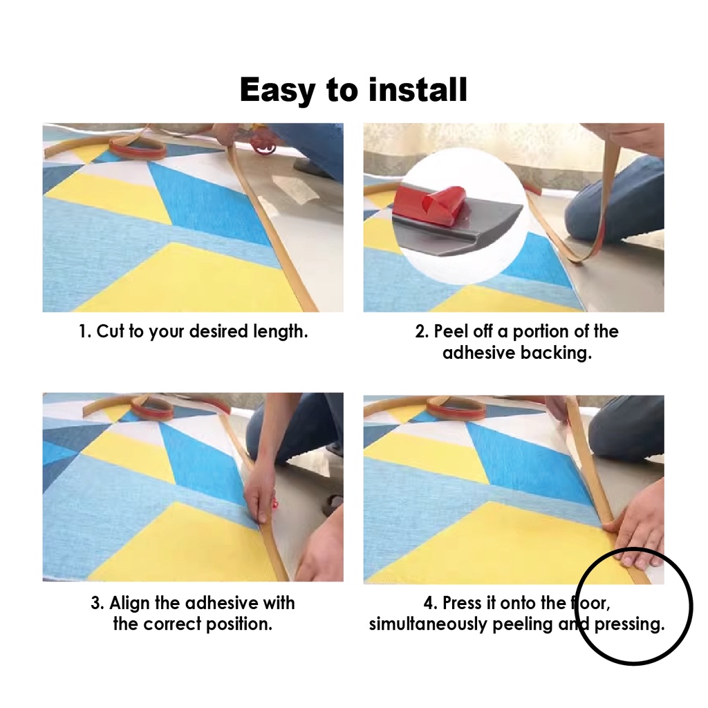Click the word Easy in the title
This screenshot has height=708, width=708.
pyautogui.click(x=277, y=91)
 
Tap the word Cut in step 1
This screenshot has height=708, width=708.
pyautogui.click(x=110, y=331)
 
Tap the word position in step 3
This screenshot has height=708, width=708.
pyautogui.click(x=239, y=624)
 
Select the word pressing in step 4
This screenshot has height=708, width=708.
pyautogui.click(x=629, y=624)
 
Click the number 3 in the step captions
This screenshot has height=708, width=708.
pyautogui.click(x=95, y=603)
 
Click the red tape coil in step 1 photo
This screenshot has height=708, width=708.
pyautogui.click(x=138, y=148)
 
